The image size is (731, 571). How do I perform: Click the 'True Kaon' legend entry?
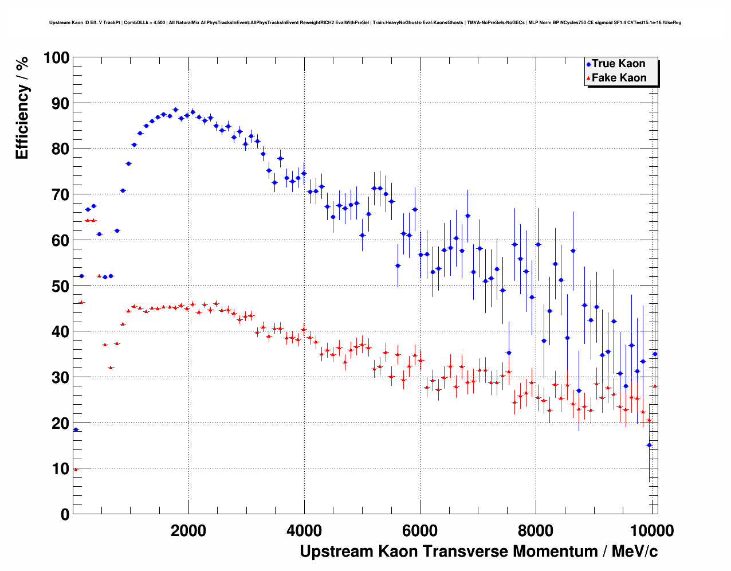point(618,64)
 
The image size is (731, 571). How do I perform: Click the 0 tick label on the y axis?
point(64,514)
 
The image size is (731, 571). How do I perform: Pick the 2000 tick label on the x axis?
point(188,530)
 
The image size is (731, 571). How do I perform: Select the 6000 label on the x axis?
point(420,530)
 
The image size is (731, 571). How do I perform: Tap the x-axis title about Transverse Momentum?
point(478,552)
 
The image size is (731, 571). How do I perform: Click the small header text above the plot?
point(365,23)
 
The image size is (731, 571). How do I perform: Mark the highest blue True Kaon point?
point(175,109)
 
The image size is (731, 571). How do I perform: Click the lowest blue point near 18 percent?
point(76,429)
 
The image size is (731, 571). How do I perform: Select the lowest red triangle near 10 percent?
point(76,470)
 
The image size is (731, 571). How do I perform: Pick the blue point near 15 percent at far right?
point(649,445)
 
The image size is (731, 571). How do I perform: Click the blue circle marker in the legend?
point(588,64)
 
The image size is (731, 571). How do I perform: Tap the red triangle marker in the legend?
point(588,79)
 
